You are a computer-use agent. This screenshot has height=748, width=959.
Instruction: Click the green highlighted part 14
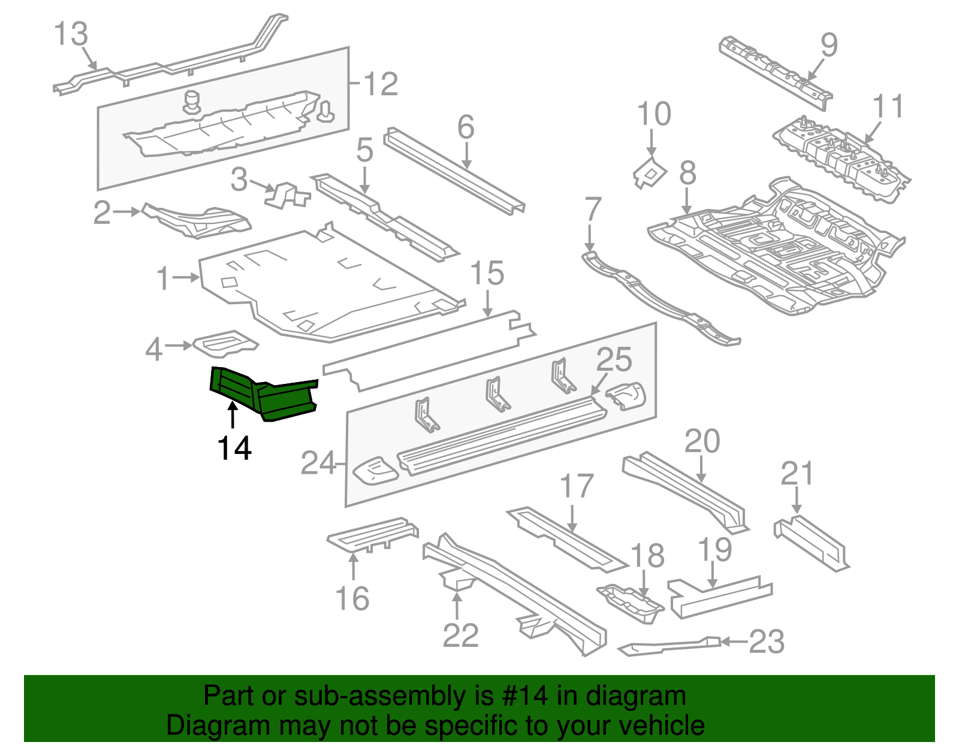point(264,395)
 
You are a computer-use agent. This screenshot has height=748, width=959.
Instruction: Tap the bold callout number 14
point(234,448)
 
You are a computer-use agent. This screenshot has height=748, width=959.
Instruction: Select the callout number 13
point(71,34)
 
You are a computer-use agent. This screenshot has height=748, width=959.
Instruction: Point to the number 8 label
point(687,173)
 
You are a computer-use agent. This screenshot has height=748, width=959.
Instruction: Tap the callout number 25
point(614,360)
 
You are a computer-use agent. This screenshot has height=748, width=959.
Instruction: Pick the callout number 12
point(381,84)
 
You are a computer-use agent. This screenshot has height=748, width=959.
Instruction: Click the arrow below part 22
point(457,606)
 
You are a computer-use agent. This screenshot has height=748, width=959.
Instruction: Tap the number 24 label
point(318,463)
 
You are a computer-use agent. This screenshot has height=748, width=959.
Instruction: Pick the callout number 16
point(352,598)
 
